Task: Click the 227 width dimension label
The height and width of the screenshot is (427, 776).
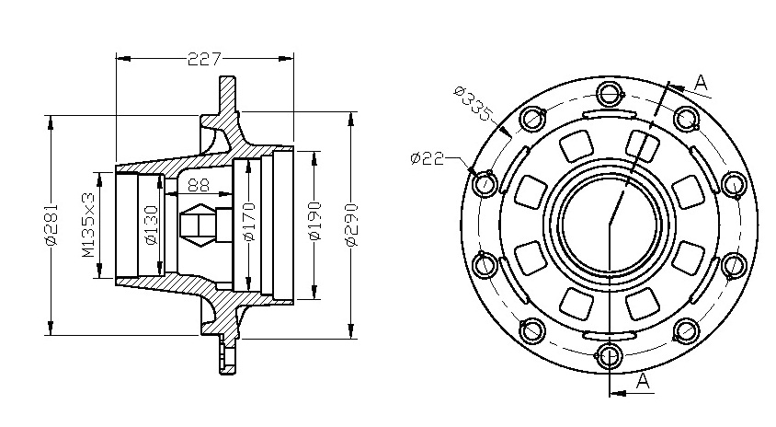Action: (x=204, y=60)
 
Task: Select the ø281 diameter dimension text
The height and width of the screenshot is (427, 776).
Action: (x=51, y=224)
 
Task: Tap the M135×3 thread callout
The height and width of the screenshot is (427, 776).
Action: (x=88, y=225)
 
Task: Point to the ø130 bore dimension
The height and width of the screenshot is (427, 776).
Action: (x=152, y=225)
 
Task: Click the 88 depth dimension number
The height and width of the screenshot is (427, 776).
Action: (x=199, y=185)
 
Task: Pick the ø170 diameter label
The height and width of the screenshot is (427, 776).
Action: (x=250, y=222)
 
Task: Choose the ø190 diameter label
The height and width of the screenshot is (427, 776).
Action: (x=314, y=221)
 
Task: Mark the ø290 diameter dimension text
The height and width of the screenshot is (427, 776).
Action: (x=351, y=225)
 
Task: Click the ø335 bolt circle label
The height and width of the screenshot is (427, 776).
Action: (x=474, y=105)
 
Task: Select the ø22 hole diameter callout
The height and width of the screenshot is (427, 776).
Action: (x=428, y=158)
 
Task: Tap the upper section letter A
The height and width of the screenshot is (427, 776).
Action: (x=702, y=83)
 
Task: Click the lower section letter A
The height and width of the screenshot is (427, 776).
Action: (x=642, y=381)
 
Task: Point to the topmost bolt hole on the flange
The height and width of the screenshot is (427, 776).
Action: (x=610, y=93)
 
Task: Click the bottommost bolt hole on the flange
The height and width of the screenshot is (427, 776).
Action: (x=610, y=356)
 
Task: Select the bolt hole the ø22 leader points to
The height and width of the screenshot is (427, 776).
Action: (x=485, y=184)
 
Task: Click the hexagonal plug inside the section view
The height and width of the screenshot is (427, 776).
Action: (x=199, y=225)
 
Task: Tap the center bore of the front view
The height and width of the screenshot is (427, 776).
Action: (x=610, y=224)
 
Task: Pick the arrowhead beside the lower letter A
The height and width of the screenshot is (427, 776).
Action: (x=617, y=393)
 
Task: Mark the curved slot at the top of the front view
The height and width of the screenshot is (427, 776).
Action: (x=610, y=113)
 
